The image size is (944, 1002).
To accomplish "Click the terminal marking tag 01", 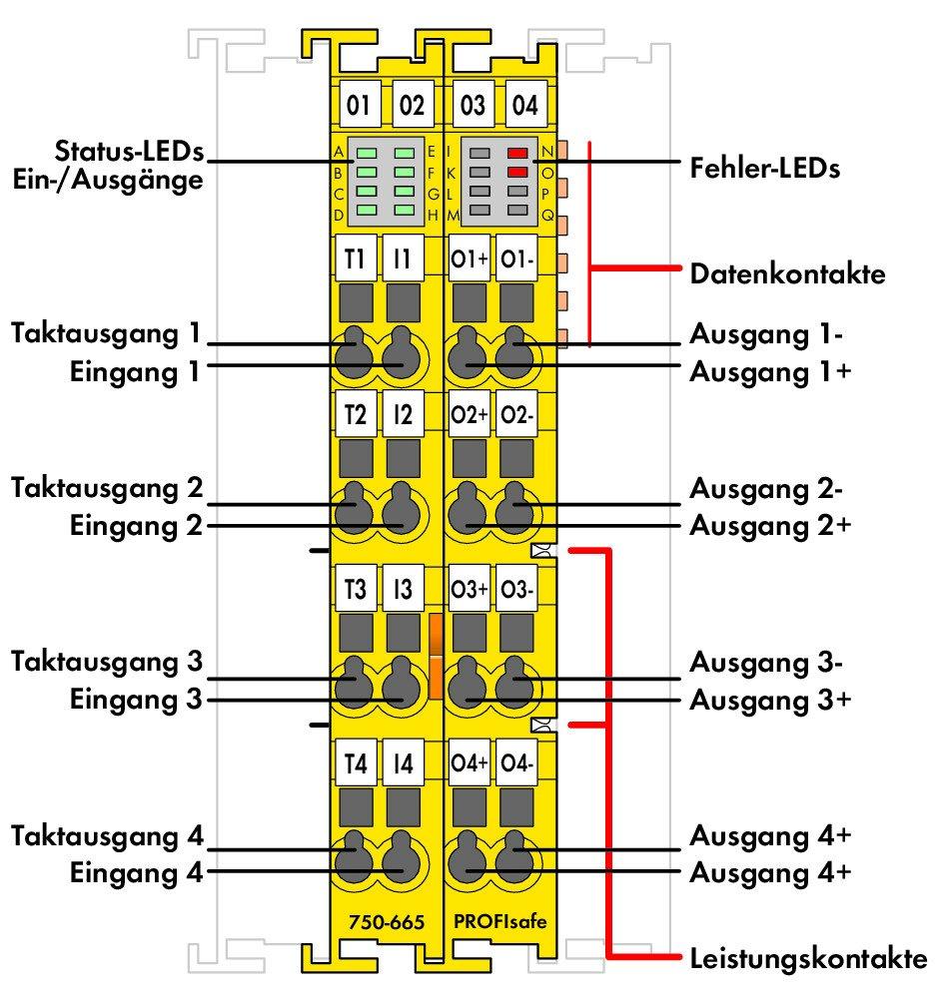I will pyautogui.click(x=358, y=105).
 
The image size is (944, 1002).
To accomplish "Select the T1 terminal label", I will pyautogui.click(x=354, y=258).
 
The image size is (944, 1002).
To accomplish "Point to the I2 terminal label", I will pyautogui.click(x=403, y=416).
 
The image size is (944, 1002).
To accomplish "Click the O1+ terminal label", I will pyautogui.click(x=469, y=258).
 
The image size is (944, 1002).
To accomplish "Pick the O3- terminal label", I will pyautogui.click(x=517, y=590).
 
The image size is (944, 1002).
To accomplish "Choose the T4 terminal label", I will pyautogui.click(x=354, y=764).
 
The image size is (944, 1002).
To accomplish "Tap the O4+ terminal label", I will pyautogui.click(x=469, y=764).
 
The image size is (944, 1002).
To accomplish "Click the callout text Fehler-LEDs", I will pyautogui.click(x=765, y=167).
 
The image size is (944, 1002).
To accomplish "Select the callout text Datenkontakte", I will pyautogui.click(x=787, y=272).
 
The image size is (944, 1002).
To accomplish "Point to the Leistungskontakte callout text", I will pyautogui.click(x=808, y=960).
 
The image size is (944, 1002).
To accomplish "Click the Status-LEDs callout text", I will pyautogui.click(x=129, y=153).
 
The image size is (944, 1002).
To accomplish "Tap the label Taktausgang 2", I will pyautogui.click(x=108, y=488).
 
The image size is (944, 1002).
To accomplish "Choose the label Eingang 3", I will pyautogui.click(x=136, y=699).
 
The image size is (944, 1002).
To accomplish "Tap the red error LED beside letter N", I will pyautogui.click(x=516, y=154).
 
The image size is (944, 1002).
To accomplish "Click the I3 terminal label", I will pyautogui.click(x=403, y=590).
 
